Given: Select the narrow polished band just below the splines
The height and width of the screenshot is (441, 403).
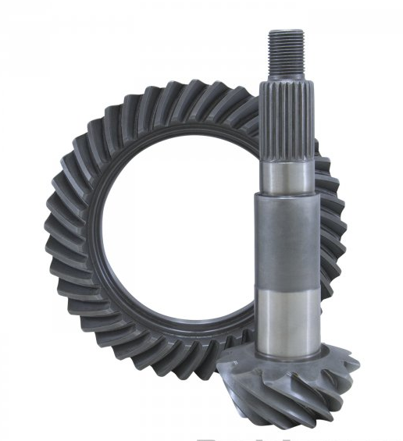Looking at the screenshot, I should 290,172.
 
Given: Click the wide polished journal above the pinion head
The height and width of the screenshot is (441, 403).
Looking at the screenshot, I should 290,312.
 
